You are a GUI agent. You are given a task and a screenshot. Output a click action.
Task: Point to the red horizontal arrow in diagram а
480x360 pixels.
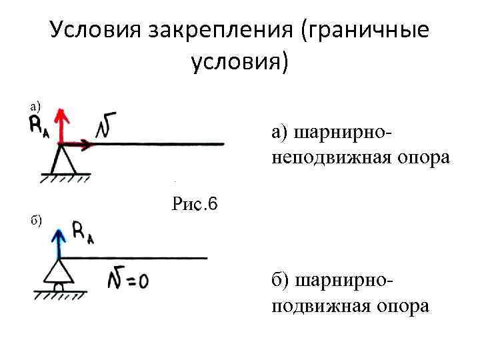(77, 143)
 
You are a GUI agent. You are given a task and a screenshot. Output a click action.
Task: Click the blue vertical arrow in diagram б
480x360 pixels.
(59, 243)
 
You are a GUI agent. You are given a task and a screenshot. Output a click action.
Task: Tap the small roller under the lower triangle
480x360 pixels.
(59, 287)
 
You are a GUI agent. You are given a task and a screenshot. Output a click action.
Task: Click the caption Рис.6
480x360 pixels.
(195, 203)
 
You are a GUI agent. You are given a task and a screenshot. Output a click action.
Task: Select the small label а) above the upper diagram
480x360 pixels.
(34, 105)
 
